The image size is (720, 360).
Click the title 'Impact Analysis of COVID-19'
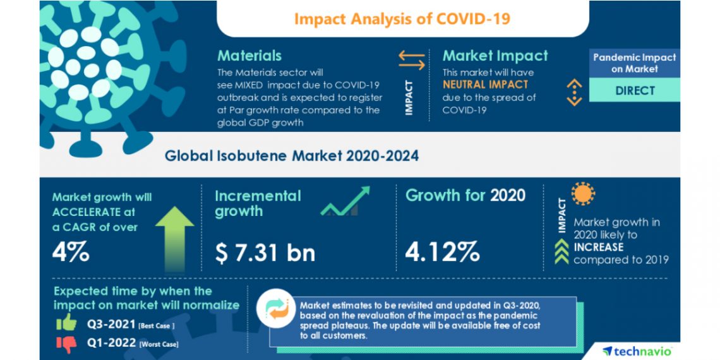coord(402,18)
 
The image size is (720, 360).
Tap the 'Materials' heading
coord(249,56)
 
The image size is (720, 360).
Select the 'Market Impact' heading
coord(495,56)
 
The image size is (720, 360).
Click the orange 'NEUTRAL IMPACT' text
coord(485,84)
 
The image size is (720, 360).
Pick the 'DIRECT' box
coord(635,90)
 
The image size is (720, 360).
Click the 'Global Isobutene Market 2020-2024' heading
coord(292,155)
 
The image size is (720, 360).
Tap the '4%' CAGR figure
coord(70,252)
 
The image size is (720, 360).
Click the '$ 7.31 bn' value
coord(265,253)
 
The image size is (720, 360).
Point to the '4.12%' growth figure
coord(442,252)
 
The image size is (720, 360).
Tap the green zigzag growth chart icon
coord(344,201)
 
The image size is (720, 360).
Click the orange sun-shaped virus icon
coord(583,194)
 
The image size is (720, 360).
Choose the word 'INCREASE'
coord(599,247)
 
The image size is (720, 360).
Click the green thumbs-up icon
coord(66,323)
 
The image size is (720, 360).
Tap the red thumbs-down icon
coord(66,343)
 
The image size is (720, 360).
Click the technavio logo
coord(636,351)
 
